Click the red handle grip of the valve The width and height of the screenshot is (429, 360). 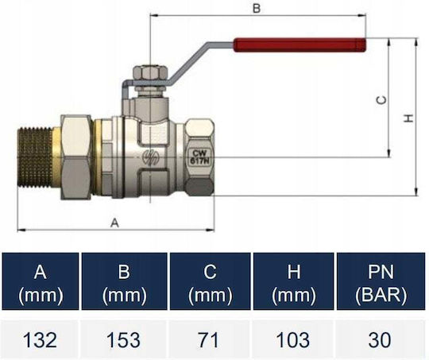pos(300,45)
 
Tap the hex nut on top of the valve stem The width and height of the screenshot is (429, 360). pos(150,72)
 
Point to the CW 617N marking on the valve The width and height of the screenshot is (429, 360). pos(199,157)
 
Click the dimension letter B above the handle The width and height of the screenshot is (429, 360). pos(257,8)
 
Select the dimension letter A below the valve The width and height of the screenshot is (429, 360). pos(114,223)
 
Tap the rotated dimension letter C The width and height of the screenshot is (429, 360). pos(382,100)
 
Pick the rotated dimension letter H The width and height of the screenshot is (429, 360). pos(408,118)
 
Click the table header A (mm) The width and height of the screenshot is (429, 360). pos(41,282)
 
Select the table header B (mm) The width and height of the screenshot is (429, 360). pos(124,282)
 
